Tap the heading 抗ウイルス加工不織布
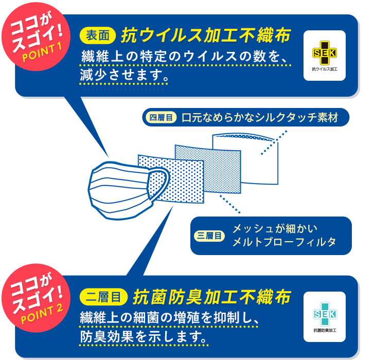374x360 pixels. pyautogui.click(x=206, y=35)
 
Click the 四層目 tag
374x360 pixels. pyautogui.click(x=159, y=118)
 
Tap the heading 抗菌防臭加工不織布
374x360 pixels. pyautogui.click(x=212, y=297)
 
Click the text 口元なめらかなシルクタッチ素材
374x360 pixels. pyautogui.click(x=260, y=118)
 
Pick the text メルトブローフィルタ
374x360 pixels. pyautogui.click(x=284, y=242)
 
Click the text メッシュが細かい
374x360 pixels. pyautogui.click(x=275, y=228)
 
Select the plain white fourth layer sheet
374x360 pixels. pyautogui.click(x=247, y=159)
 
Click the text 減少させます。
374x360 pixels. pyautogui.click(x=124, y=76)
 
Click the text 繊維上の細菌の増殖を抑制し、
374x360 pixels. pyautogui.click(x=168, y=318)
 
